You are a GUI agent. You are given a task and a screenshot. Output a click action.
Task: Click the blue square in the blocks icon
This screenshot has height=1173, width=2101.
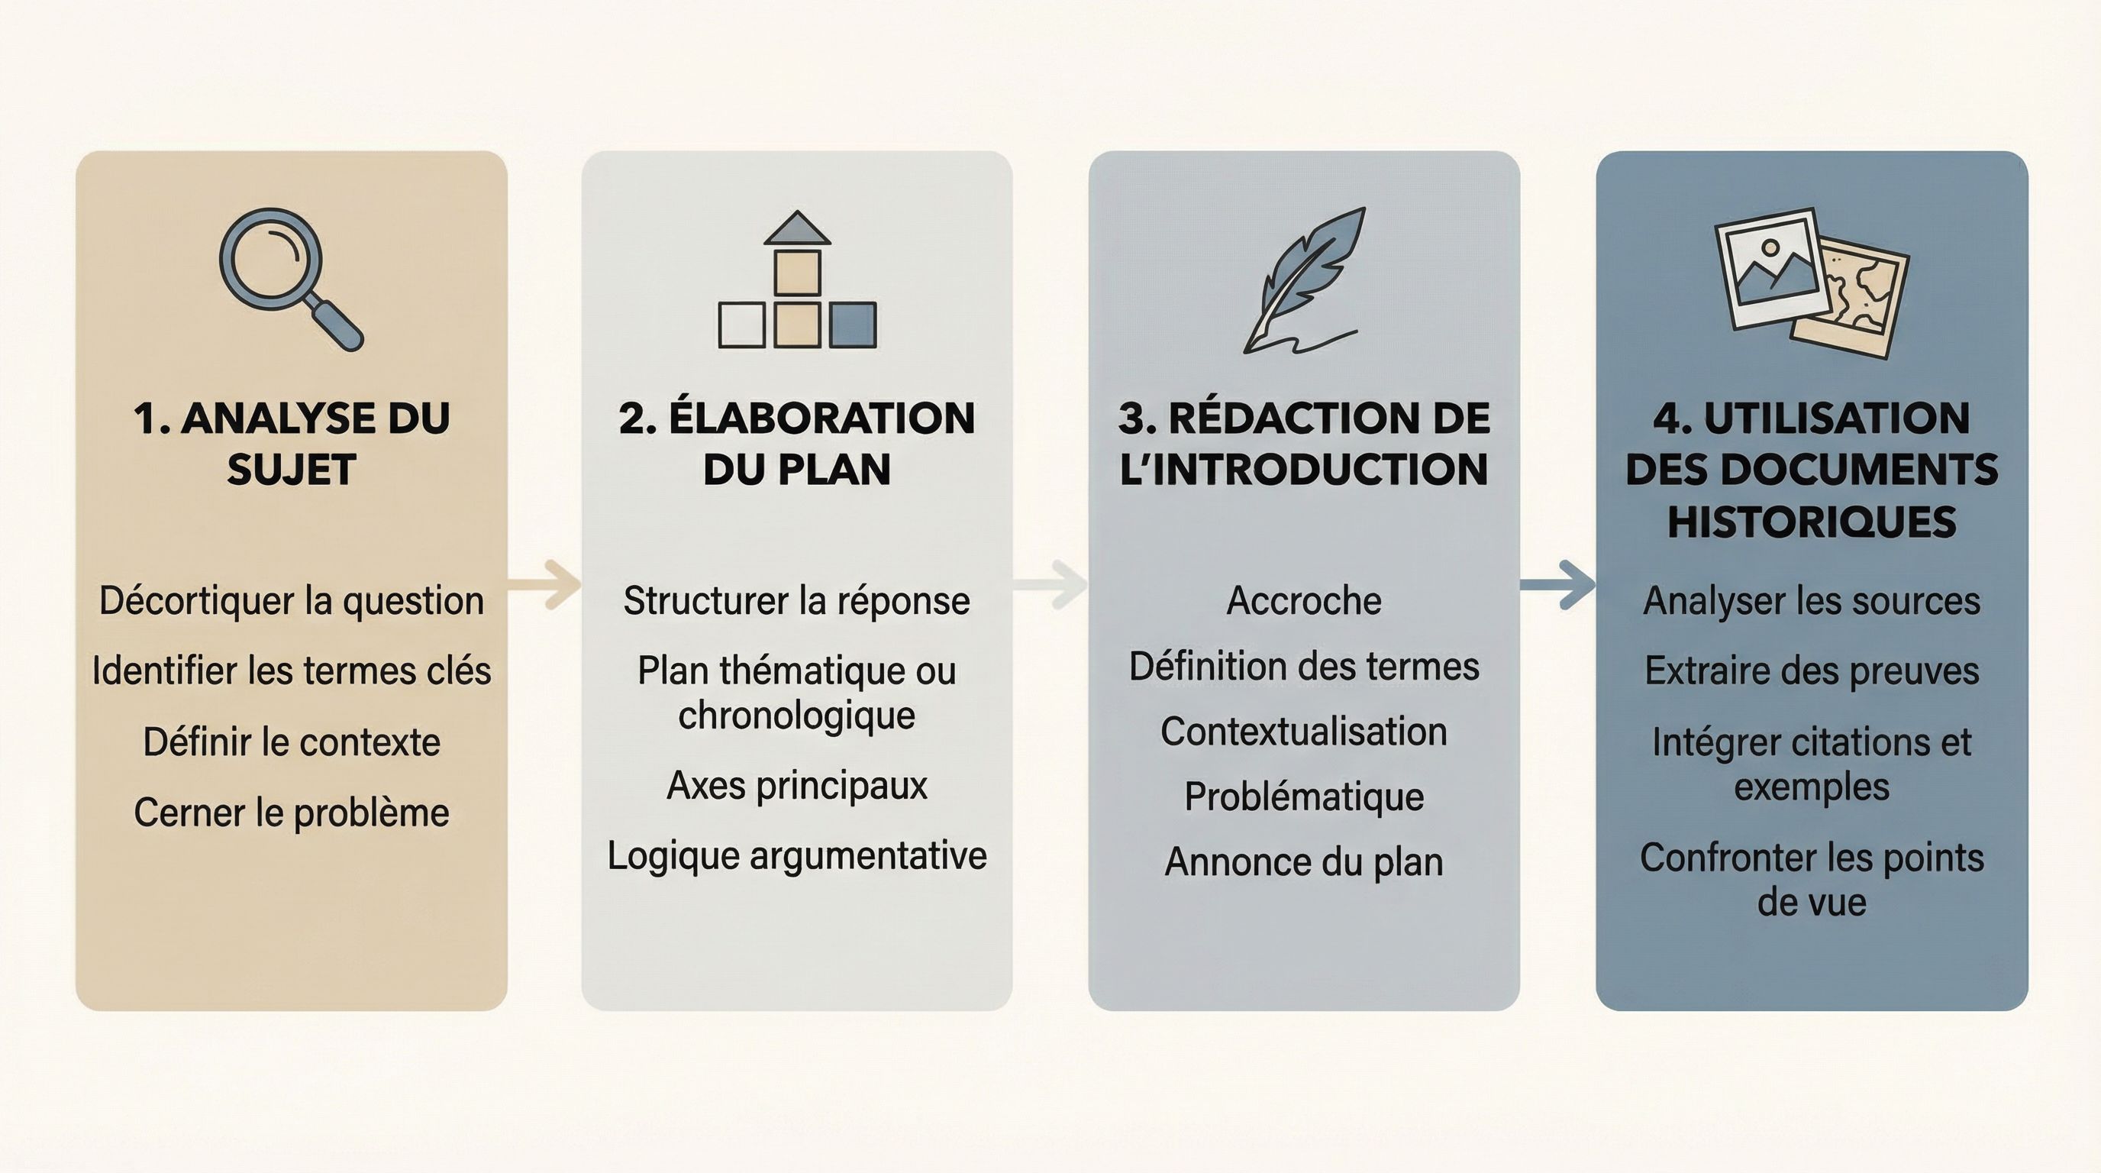coord(852,325)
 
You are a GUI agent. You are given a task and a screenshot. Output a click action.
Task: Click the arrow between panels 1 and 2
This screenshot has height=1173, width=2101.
coord(545,584)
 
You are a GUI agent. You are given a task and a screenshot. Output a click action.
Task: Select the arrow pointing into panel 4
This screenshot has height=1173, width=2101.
coord(1557,584)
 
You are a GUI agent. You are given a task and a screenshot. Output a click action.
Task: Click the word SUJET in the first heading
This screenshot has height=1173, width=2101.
coord(291,470)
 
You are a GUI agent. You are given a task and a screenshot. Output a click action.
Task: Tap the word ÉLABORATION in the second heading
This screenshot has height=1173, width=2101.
coord(821,418)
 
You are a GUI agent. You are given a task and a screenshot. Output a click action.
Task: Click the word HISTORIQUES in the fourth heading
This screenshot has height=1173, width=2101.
coord(1812,522)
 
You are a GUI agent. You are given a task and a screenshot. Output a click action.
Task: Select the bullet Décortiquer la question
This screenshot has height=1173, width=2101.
coord(291,601)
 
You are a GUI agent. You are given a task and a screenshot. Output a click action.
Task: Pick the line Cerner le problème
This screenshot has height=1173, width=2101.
coord(291,813)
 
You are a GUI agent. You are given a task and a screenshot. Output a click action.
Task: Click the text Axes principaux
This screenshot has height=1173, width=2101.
coord(797,786)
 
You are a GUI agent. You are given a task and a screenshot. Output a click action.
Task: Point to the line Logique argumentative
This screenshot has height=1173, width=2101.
coord(797,855)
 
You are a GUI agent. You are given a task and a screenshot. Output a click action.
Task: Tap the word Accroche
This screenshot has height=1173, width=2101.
coord(1303,601)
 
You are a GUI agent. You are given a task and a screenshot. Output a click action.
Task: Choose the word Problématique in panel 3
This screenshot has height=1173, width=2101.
coord(1303,797)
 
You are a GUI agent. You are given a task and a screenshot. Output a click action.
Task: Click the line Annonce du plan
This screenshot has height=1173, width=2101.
coord(1303,862)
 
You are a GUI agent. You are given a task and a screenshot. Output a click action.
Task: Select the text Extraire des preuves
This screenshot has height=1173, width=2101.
coord(1812,671)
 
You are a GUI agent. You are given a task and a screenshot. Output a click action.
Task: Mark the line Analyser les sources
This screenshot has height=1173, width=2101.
coord(1812,601)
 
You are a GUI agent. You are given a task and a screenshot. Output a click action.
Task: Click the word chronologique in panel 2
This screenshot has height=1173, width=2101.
coord(797,716)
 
